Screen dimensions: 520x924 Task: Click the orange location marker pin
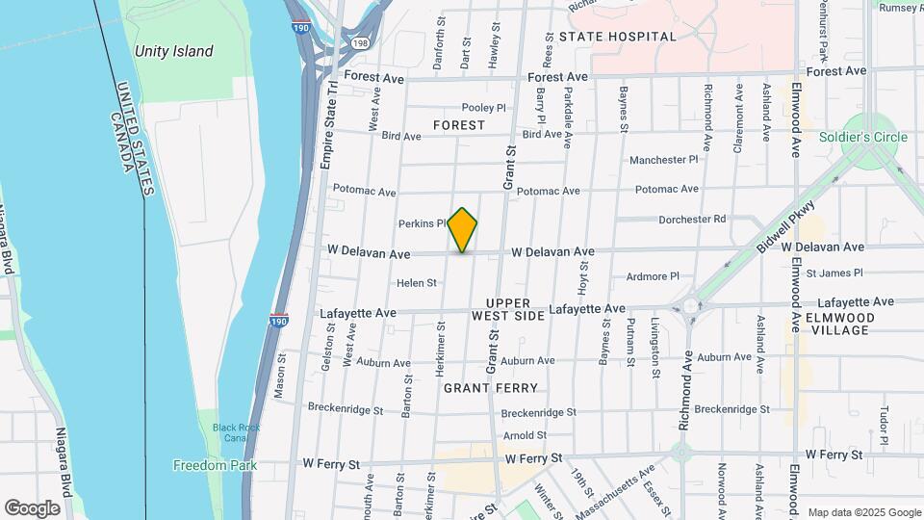tap(463, 229)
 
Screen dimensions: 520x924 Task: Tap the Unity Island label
tap(174, 51)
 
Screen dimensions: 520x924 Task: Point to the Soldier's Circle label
tap(863, 137)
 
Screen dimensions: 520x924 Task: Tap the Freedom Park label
tap(215, 465)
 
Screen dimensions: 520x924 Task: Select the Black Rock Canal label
tap(224, 432)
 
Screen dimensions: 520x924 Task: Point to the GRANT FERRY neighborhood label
tap(490, 388)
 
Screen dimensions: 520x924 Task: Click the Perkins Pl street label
tap(422, 223)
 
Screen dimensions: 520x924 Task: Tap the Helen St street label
tap(417, 283)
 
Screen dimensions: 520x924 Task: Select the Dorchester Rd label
tap(691, 220)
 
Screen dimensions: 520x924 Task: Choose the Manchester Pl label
tap(663, 160)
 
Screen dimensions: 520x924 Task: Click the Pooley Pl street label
tap(483, 108)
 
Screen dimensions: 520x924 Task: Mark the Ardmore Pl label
tap(653, 276)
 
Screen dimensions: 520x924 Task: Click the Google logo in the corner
tap(32, 507)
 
